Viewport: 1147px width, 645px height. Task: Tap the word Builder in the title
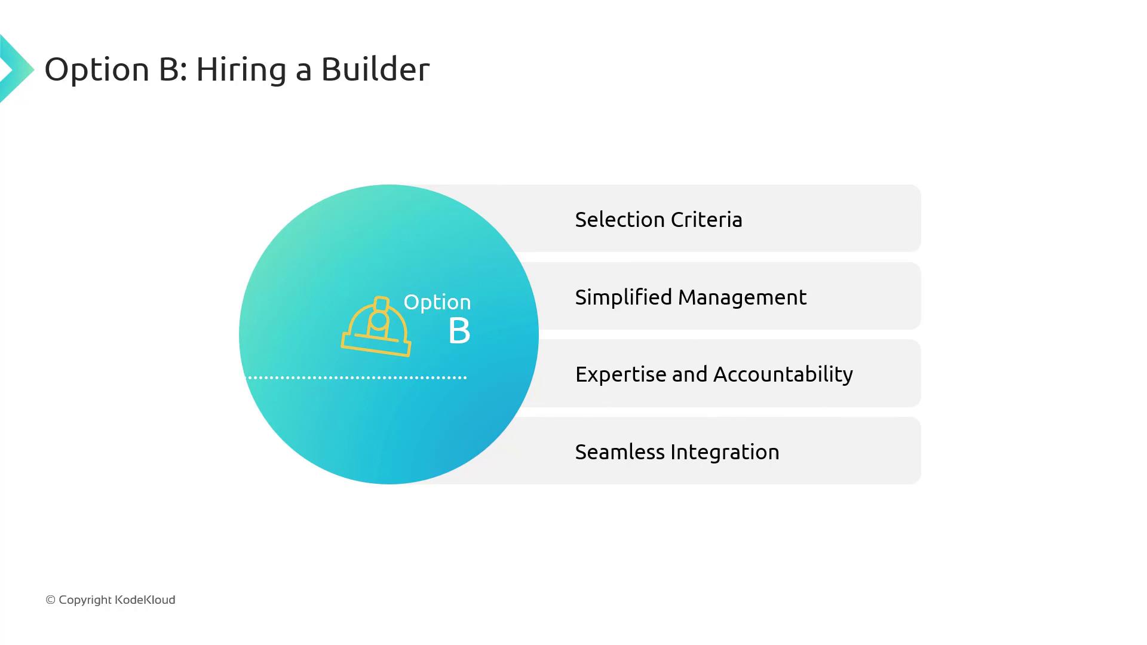point(375,69)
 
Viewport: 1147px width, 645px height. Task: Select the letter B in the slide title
point(169,69)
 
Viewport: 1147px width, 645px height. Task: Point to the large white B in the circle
point(459,331)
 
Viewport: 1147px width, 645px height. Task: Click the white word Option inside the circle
point(437,303)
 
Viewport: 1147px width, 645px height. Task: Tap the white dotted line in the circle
point(357,377)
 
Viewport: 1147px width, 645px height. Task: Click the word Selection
point(619,220)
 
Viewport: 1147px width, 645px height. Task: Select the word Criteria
point(707,220)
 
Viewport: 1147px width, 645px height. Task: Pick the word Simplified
point(624,297)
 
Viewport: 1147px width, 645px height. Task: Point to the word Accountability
point(783,374)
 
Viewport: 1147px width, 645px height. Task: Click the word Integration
point(725,452)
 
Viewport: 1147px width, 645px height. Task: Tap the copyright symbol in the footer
point(50,600)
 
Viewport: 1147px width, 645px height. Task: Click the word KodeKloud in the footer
point(145,600)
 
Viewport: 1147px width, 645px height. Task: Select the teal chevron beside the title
point(17,69)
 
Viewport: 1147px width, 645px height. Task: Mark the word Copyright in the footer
point(85,600)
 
